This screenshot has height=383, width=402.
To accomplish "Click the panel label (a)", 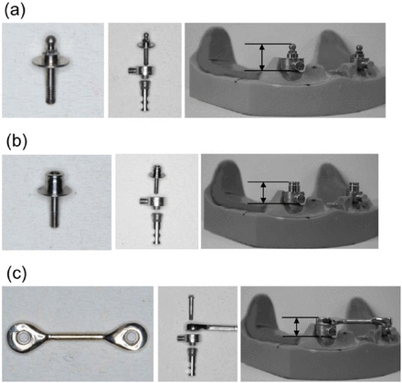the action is coord(15,11).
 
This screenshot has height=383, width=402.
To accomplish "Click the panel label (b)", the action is coord(16,142).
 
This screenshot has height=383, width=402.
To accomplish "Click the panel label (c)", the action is coord(16,274).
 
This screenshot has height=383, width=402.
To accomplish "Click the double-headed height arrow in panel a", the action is coord(261,57).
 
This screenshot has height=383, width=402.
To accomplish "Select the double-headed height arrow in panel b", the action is coord(264,192).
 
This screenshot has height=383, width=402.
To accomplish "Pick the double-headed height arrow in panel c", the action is coord(295,326).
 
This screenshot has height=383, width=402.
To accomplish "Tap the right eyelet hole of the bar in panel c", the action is coord(132,336).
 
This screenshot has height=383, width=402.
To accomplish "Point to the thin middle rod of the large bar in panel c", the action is coord(77,336).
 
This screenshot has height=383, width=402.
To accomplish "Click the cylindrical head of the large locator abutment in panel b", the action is coord(55,180).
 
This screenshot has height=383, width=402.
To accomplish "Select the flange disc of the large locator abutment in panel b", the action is coord(55,191).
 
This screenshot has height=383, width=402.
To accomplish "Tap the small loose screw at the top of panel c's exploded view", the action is coord(191,306).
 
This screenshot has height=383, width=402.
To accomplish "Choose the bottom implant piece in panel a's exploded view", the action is coord(144,95).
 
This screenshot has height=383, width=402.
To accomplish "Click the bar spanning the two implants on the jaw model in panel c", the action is coord(355,321).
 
